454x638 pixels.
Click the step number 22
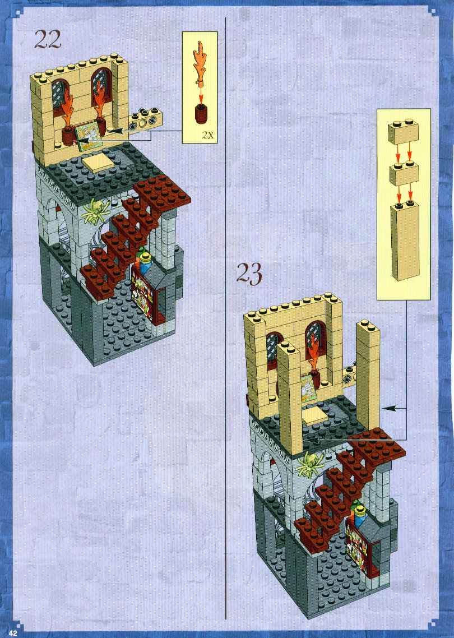point(48,39)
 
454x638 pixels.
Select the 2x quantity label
point(207,136)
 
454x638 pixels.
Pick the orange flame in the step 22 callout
point(200,63)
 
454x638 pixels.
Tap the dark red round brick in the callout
point(200,113)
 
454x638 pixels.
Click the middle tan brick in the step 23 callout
point(404,173)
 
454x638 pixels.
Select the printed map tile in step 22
point(88,136)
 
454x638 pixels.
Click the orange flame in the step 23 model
point(315,354)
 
